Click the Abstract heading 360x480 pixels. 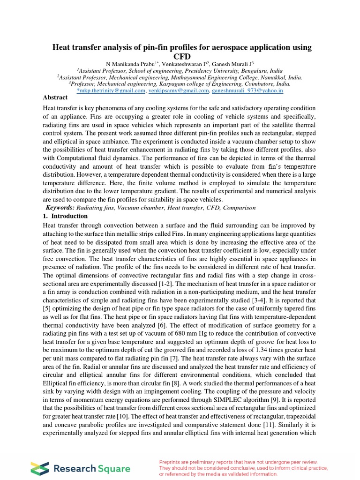point(55,97)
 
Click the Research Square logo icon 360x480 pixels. point(39,468)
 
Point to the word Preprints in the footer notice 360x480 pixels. point(172,462)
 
